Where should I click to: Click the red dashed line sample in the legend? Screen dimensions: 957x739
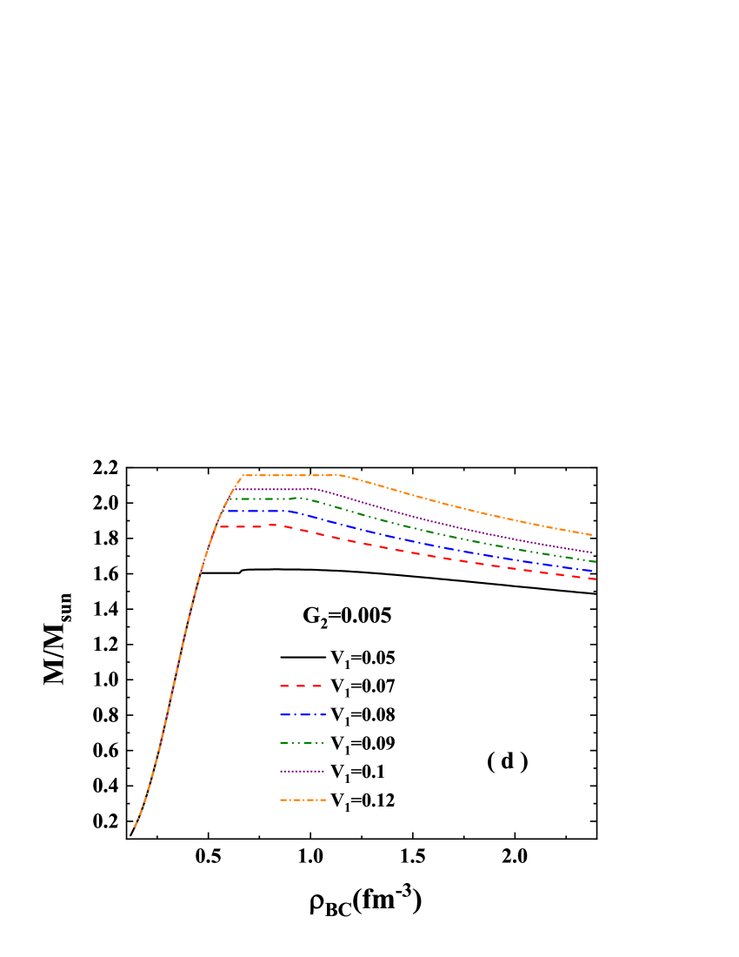coord(302,686)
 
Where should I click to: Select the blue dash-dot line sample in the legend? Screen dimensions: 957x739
coord(303,714)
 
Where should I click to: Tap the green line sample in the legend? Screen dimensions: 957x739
coord(302,743)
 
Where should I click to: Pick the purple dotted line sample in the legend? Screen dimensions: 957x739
coord(302,772)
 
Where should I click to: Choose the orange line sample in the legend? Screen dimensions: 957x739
coord(303,800)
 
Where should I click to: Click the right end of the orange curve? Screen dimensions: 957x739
coord(592,535)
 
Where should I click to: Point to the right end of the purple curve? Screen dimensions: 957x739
coord(593,552)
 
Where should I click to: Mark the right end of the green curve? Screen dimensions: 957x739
coord(595,562)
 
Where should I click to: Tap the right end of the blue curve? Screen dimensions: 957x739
coord(595,571)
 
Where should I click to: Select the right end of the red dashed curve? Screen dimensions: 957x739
coord(596,579)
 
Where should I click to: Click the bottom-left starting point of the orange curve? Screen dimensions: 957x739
coord(135,826)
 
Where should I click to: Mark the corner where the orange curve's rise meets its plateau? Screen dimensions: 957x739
coord(242,476)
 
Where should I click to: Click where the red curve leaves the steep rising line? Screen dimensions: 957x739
coord(219,526)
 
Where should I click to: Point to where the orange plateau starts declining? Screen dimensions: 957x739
coord(337,475)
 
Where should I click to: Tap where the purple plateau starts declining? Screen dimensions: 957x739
coord(310,489)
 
